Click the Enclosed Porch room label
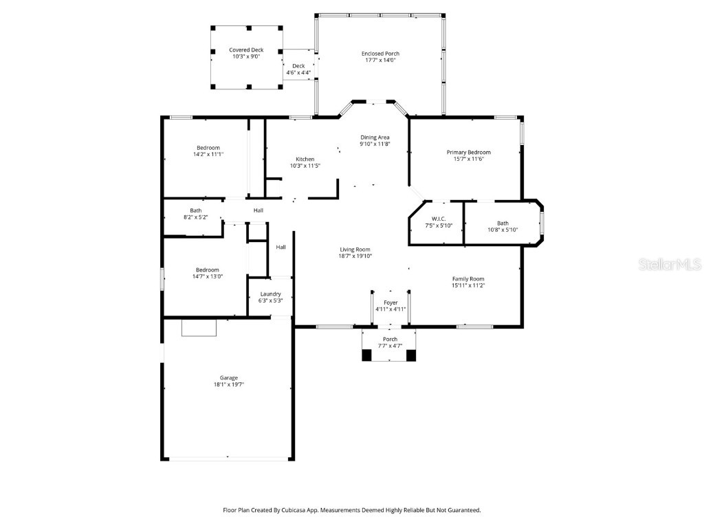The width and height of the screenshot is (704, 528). pos(380,54)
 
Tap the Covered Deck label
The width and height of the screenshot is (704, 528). pos(246,50)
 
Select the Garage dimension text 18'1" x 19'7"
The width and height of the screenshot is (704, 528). pos(229,385)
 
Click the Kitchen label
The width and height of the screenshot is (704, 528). pos(305,159)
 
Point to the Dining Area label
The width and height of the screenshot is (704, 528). pos(375,137)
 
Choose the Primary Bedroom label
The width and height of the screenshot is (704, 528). pos(469,152)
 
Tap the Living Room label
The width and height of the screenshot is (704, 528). pos(355,250)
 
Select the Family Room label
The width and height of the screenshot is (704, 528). pos(468,278)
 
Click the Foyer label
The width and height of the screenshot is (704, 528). pos(390,302)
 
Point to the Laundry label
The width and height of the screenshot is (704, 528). pos(270,294)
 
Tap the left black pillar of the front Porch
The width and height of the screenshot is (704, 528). pos(366,355)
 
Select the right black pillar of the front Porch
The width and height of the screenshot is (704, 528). pos(411,355)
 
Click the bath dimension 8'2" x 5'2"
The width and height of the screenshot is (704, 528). pos(196,217)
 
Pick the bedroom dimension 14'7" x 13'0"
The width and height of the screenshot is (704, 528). pos(208,276)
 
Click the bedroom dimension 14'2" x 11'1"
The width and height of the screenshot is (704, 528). pos(208,155)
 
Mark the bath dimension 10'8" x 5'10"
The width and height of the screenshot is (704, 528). pos(503,230)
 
